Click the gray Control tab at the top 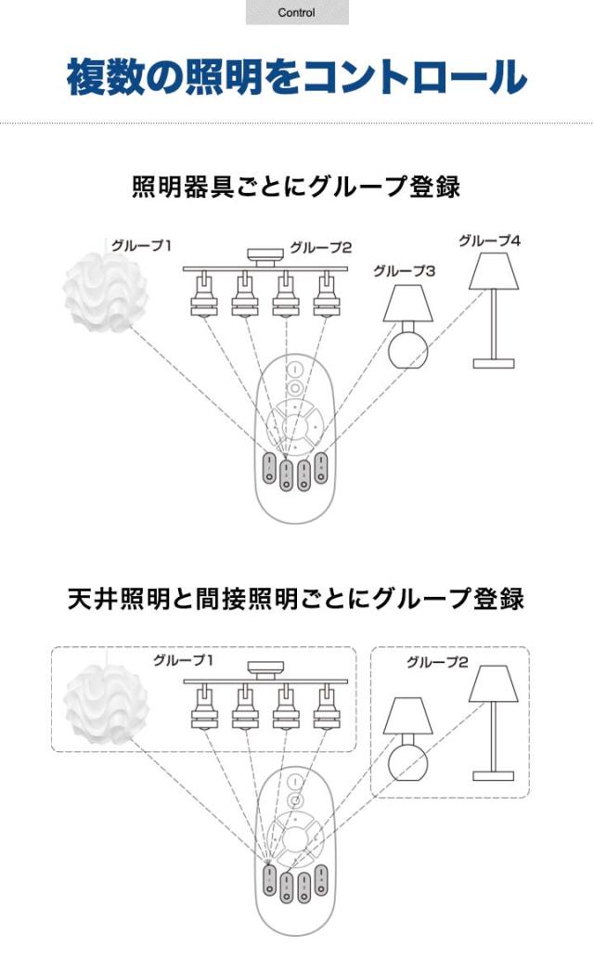(297, 13)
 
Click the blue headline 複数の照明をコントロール (297, 77)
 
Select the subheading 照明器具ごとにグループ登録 (296, 187)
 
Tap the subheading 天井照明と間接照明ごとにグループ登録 (296, 599)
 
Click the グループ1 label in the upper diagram (142, 246)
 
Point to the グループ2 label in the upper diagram (320, 248)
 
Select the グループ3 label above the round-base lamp (405, 271)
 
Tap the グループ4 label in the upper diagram (489, 241)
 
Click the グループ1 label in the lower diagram (184, 661)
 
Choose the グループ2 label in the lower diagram (436, 663)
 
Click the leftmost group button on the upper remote (268, 465)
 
